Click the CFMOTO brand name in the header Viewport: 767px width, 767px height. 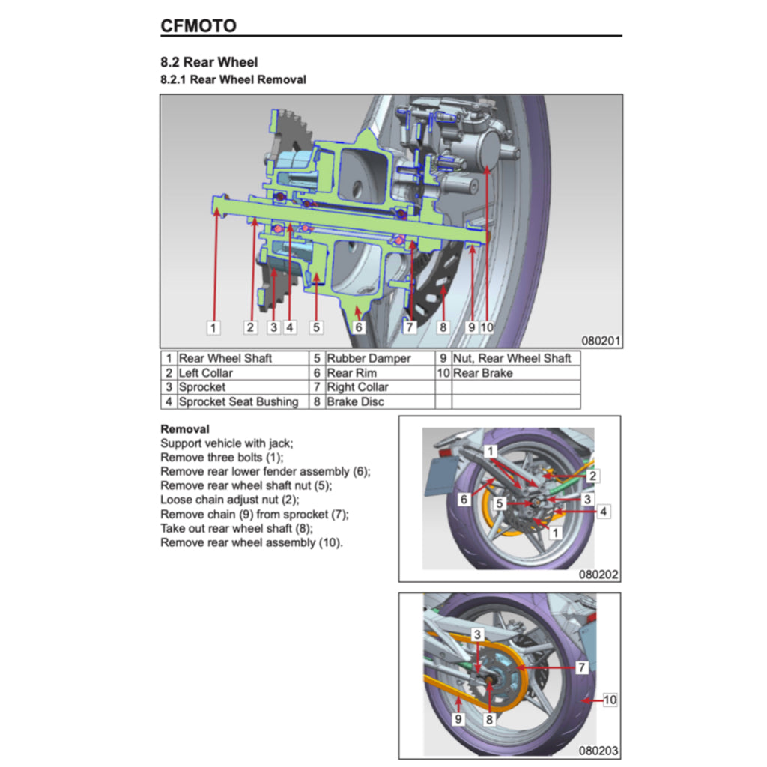(x=198, y=26)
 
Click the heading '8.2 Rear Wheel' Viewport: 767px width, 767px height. (x=209, y=62)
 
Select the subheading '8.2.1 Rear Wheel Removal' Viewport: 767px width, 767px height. (x=233, y=79)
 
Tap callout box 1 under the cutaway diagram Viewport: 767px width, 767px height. (x=213, y=327)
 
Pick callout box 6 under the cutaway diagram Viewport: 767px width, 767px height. (x=358, y=327)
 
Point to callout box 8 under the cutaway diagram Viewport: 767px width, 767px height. (x=443, y=327)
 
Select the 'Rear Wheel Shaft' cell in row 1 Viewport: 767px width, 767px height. (x=225, y=359)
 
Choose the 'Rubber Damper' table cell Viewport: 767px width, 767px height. (x=369, y=359)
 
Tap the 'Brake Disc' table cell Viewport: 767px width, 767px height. (x=355, y=401)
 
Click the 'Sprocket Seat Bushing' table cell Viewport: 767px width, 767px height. (x=238, y=401)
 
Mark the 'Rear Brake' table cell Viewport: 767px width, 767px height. (x=482, y=373)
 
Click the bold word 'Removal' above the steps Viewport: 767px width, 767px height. (x=185, y=430)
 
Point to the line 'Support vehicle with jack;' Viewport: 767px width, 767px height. (x=227, y=443)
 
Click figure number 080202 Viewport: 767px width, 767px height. (x=598, y=575)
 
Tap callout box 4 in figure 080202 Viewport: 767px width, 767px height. (x=604, y=512)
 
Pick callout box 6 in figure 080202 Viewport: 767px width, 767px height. (x=464, y=499)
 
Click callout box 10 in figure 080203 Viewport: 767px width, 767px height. (x=610, y=700)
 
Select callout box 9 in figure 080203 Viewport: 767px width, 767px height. (x=458, y=719)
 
